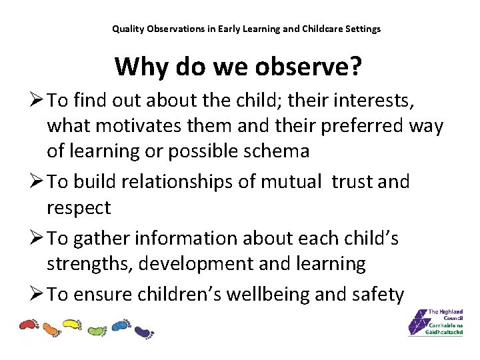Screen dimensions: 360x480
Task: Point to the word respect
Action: coord(79,207)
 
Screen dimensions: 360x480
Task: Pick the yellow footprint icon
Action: coord(71,325)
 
